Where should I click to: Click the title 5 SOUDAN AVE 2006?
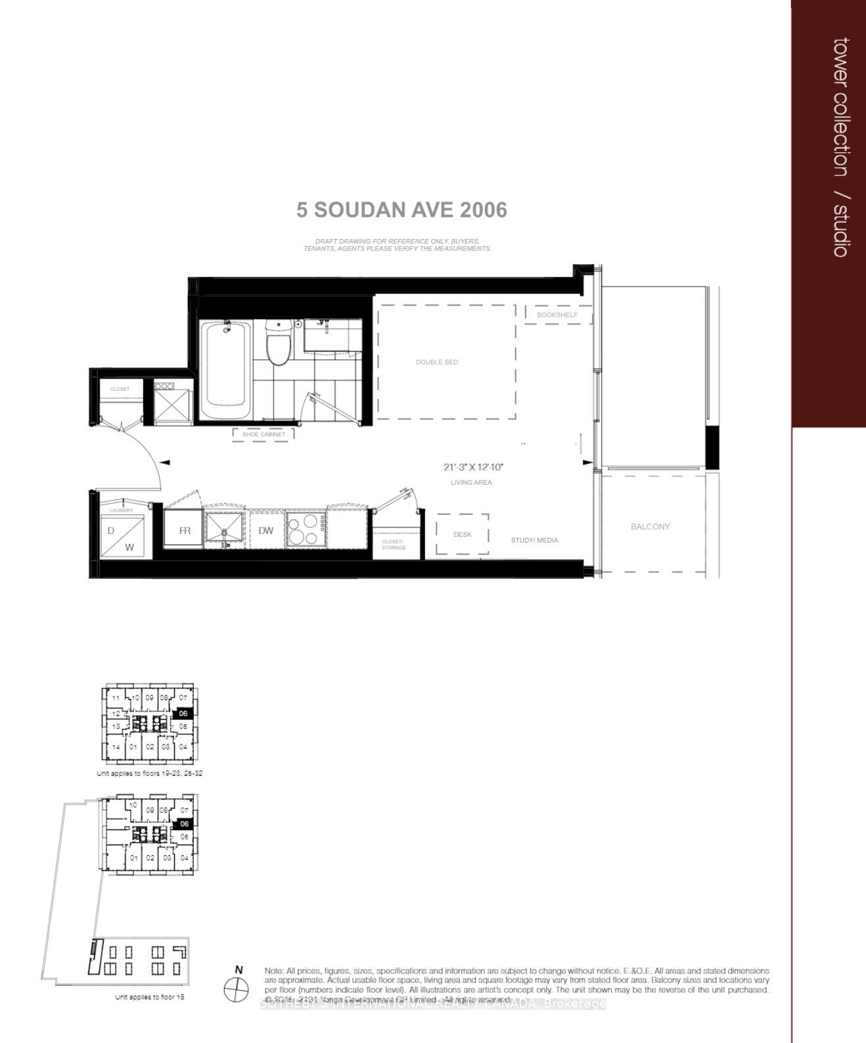(x=401, y=210)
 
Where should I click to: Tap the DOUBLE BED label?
(x=437, y=362)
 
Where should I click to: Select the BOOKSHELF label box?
(x=557, y=315)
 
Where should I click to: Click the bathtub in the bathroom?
(x=226, y=369)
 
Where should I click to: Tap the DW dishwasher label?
(x=265, y=531)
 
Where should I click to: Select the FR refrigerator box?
(x=184, y=530)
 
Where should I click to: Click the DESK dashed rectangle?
(x=463, y=534)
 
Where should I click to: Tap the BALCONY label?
(x=650, y=527)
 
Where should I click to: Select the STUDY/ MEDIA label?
(x=534, y=541)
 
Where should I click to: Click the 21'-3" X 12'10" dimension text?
(x=473, y=468)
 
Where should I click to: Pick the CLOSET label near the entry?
(x=120, y=389)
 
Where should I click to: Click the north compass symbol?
(x=236, y=988)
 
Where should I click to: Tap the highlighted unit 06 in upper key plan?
(x=183, y=713)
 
